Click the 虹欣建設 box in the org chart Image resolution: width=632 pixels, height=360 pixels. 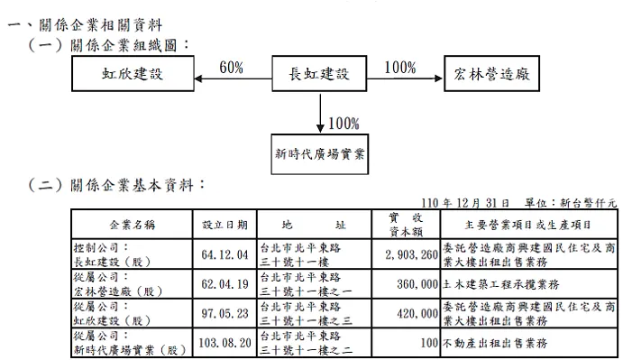click(x=133, y=74)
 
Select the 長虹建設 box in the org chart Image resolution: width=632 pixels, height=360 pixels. click(x=319, y=74)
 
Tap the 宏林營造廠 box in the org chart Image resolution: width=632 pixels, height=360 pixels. click(x=492, y=74)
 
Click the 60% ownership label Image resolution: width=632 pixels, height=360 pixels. click(x=231, y=69)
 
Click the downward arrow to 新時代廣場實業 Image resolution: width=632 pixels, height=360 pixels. click(x=320, y=113)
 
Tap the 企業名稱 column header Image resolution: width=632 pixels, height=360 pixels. click(x=131, y=224)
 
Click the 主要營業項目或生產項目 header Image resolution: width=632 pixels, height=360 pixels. click(x=528, y=224)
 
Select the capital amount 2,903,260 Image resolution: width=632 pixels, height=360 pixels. click(x=410, y=255)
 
